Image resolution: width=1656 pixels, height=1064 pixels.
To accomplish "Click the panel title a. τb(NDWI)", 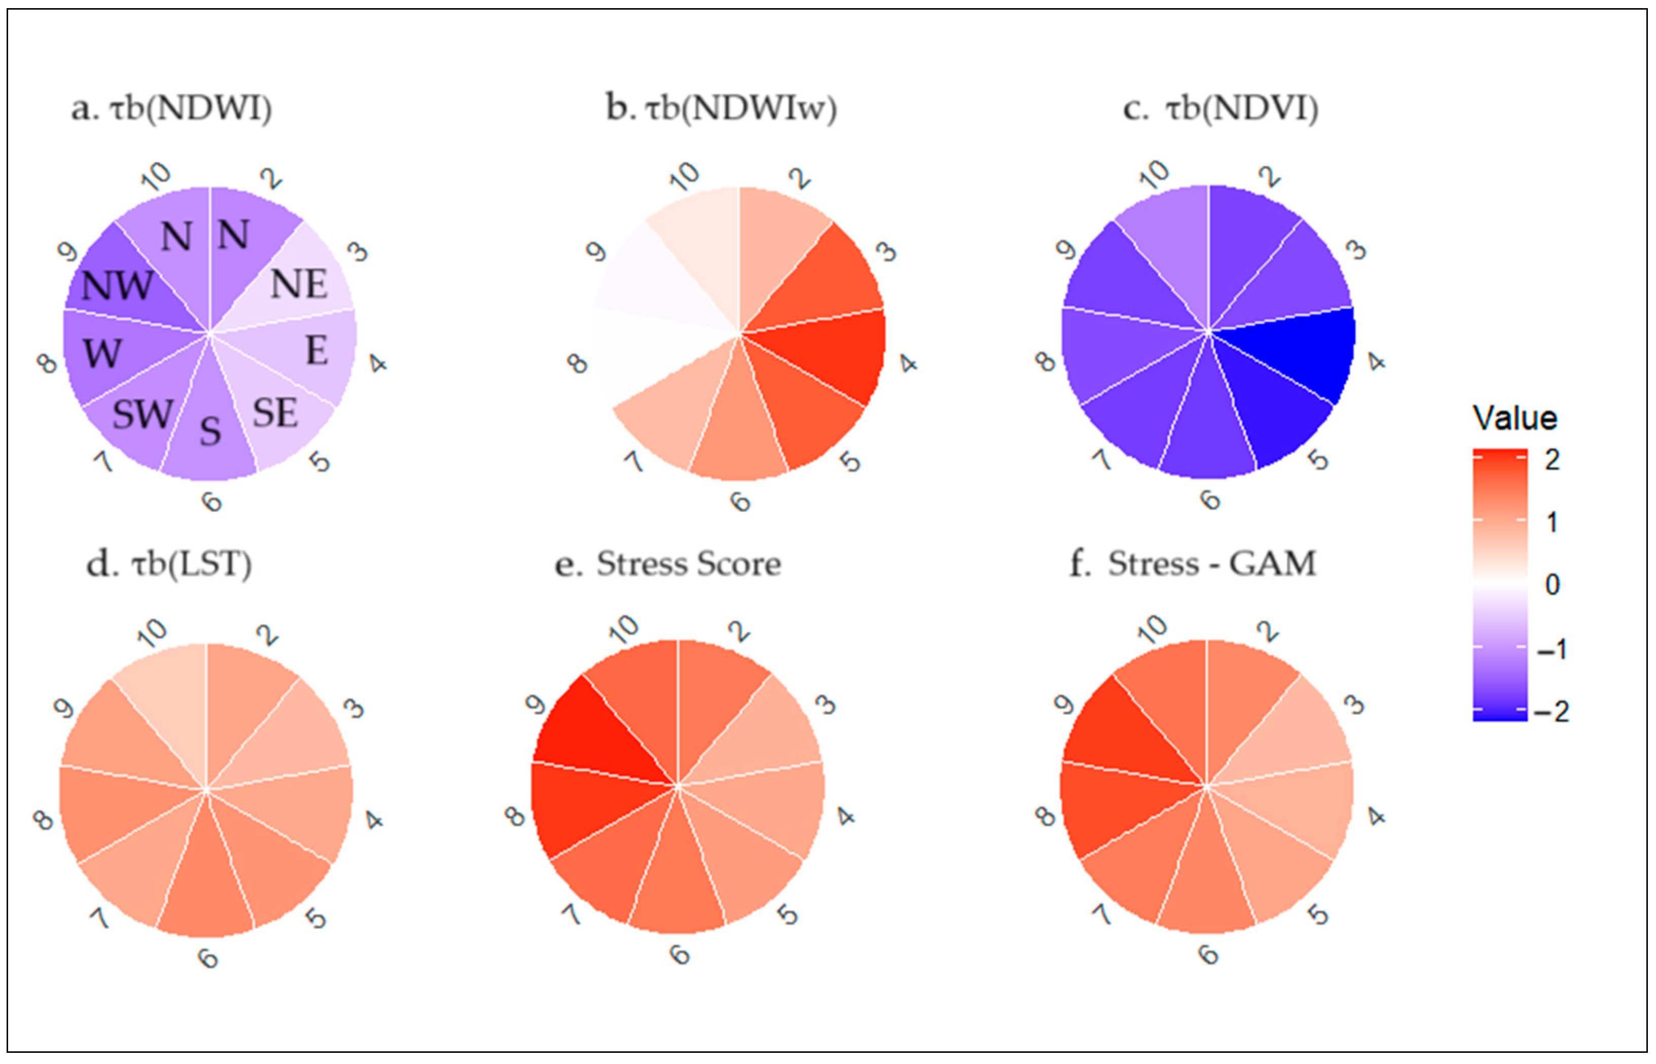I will pyautogui.click(x=171, y=109).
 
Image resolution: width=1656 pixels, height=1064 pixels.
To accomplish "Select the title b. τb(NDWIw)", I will pyautogui.click(x=721, y=109).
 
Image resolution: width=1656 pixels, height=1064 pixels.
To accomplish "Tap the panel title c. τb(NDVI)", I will pyautogui.click(x=1220, y=109).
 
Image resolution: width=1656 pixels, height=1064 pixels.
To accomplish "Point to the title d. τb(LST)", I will pyautogui.click(x=169, y=564).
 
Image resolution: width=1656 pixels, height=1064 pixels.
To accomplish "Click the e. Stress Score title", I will pyautogui.click(x=668, y=564).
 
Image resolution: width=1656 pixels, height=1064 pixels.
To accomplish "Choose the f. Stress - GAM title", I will pyautogui.click(x=1192, y=564).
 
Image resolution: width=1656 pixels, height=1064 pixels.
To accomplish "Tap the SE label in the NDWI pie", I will pyautogui.click(x=275, y=413).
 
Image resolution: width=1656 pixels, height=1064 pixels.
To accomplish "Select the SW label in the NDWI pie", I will pyautogui.click(x=142, y=414).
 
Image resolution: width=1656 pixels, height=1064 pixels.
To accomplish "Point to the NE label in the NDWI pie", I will pyautogui.click(x=298, y=284).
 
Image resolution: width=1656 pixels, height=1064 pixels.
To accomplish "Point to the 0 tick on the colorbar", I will pyautogui.click(x=1552, y=585).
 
